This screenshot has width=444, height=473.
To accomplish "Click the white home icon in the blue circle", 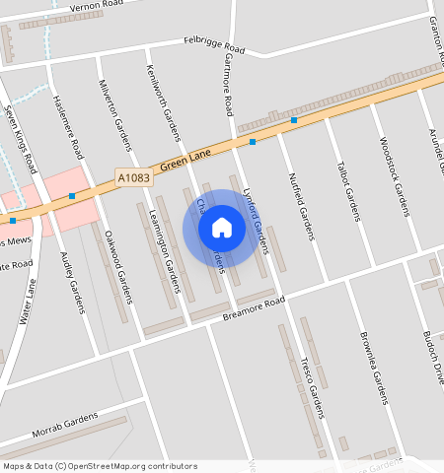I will click(x=222, y=228).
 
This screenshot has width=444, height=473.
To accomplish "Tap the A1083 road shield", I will click(x=133, y=177).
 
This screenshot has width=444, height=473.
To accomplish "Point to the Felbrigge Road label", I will click(x=214, y=44).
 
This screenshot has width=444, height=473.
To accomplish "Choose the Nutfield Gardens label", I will click(x=301, y=206).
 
